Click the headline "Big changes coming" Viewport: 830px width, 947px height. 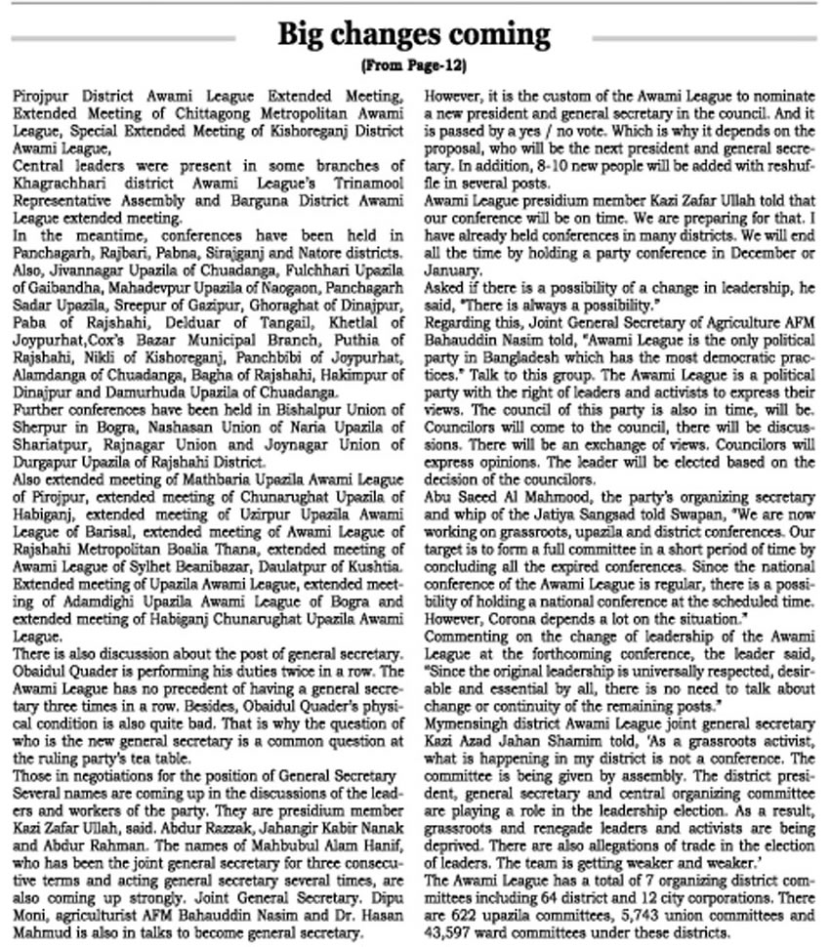pos(414,35)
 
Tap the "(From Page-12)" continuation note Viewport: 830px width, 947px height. pos(414,66)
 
